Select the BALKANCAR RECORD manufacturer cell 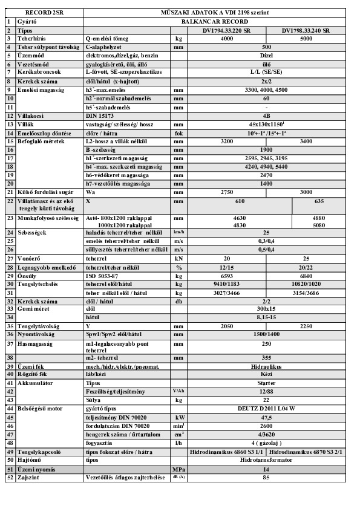261,20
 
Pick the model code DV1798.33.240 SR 306,29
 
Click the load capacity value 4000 226,37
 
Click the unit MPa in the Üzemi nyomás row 178,469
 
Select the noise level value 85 261,478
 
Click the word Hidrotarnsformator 261,460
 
